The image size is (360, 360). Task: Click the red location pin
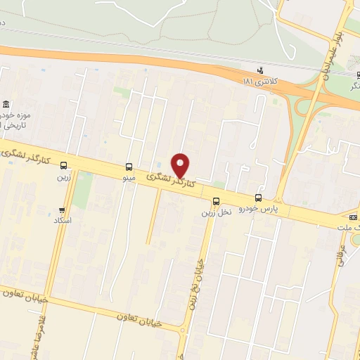pos(181,165)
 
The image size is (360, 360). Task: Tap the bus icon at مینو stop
pos(129,167)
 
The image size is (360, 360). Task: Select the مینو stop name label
pos(128,179)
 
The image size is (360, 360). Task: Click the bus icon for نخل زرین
pos(216,201)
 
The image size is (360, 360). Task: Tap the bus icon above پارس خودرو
pos(258,198)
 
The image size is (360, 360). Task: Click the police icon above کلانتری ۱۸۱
pos(260,70)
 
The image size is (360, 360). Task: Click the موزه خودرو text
pos(13,115)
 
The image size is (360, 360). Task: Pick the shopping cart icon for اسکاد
pos(63,210)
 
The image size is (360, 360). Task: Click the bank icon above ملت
pos(353,217)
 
